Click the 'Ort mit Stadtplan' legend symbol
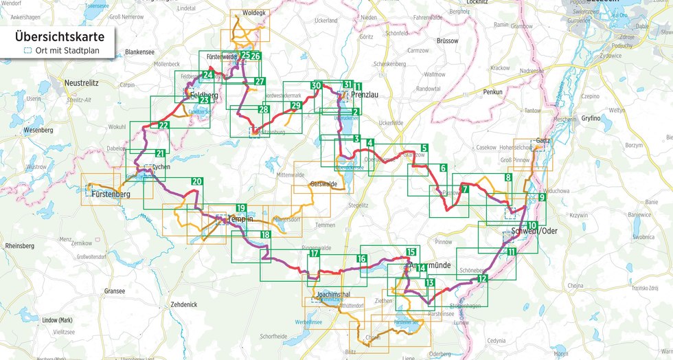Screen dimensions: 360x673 (x=27, y=51)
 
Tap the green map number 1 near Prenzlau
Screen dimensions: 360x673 (x=358, y=86)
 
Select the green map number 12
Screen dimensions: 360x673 (x=483, y=278)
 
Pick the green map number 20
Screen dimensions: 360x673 (x=197, y=181)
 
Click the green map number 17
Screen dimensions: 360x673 (x=314, y=254)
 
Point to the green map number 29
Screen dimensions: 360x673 (x=296, y=105)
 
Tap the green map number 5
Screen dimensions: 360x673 (x=424, y=148)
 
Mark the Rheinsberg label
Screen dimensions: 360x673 (x=20, y=245)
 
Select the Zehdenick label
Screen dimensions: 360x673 (x=183, y=304)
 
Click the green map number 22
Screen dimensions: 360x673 (x=163, y=126)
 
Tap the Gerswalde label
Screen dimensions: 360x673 (x=323, y=184)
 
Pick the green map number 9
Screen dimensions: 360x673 (x=542, y=197)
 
